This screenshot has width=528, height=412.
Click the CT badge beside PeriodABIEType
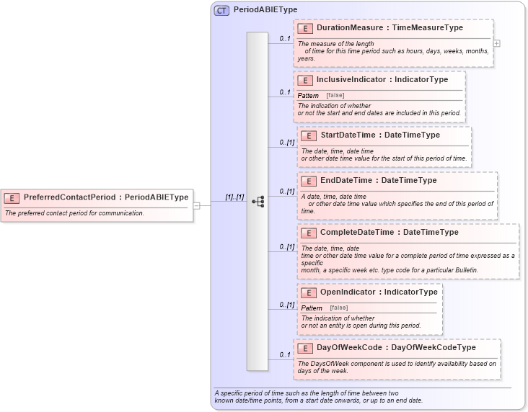coord(221,10)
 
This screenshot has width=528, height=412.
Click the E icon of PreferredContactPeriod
coord(12,197)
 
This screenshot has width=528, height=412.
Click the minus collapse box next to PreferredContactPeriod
coord(196,205)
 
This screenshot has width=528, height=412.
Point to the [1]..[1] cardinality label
coord(234,197)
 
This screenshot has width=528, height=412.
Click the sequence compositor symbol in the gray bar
coord(258,202)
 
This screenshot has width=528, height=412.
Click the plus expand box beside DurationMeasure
coord(496,43)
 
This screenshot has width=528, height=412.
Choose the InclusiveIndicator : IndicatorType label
coord(382,79)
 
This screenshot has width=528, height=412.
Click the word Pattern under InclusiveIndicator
coord(308,95)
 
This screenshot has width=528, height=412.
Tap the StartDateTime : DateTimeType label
coord(379,135)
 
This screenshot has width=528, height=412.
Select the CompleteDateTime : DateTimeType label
coord(389,233)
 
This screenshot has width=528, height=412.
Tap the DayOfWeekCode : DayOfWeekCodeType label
coord(396,347)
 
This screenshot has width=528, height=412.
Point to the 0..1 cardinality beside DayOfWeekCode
coord(284,354)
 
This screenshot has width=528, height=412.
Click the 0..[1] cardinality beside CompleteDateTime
coord(287,247)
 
